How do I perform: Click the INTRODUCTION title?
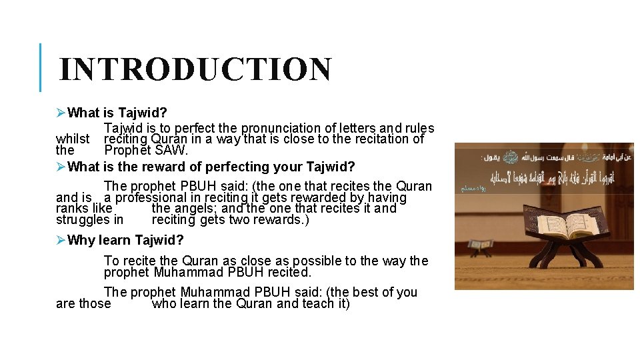pos(195,69)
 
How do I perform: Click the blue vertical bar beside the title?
pos(41,67)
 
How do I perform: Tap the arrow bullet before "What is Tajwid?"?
pos(61,113)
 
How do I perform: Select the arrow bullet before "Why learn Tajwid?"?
pos(61,240)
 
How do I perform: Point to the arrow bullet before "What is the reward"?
pos(61,167)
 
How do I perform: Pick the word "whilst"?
pos(73,139)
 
